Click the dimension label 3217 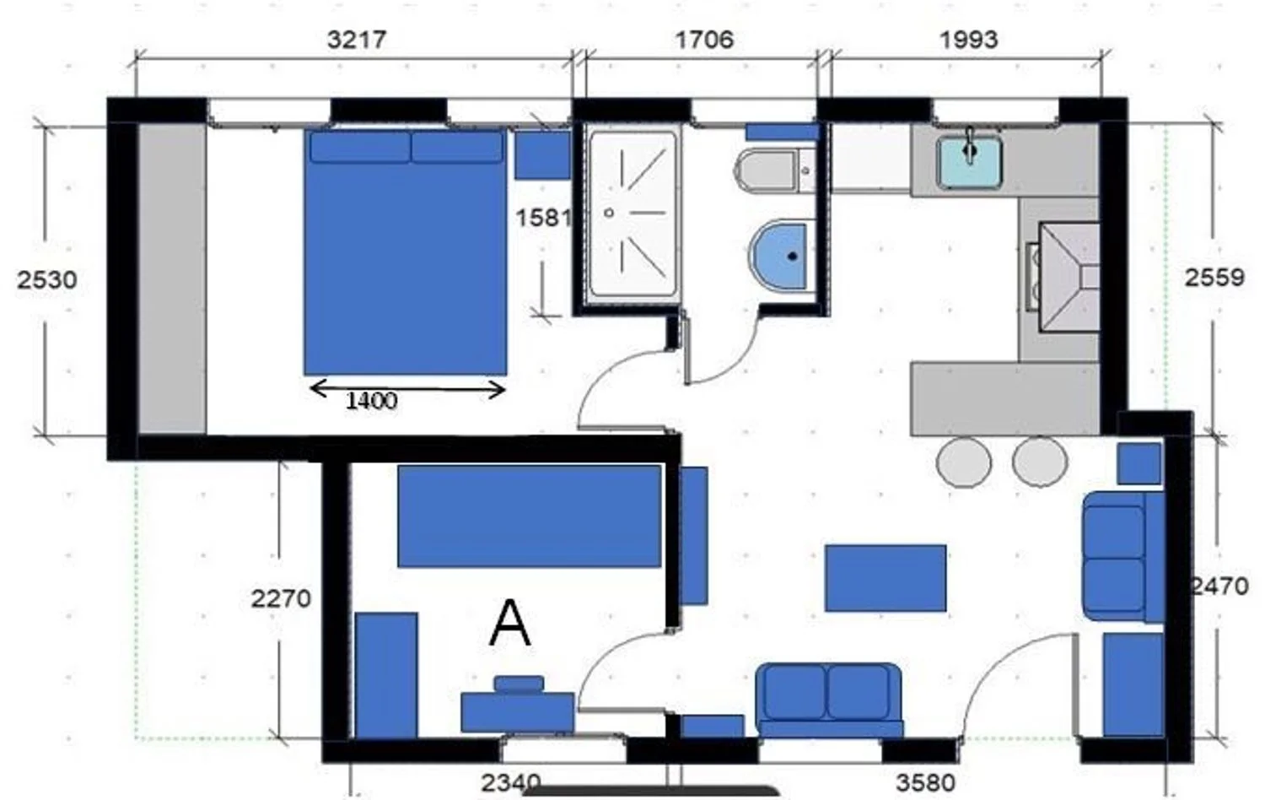(x=357, y=40)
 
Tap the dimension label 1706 (x=704, y=40)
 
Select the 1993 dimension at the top (x=968, y=40)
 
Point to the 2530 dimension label (x=47, y=279)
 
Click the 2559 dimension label (x=1214, y=278)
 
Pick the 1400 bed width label (x=372, y=401)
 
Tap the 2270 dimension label (x=281, y=598)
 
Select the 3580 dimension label (x=926, y=783)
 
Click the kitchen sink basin (x=970, y=162)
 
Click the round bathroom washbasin (x=781, y=256)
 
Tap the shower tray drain (x=609, y=213)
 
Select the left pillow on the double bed (x=360, y=147)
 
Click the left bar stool (x=963, y=462)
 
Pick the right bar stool (x=1040, y=462)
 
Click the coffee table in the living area (x=885, y=578)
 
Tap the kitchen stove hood (x=1069, y=278)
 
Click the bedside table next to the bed (x=542, y=155)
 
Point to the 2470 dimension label (x=1219, y=587)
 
